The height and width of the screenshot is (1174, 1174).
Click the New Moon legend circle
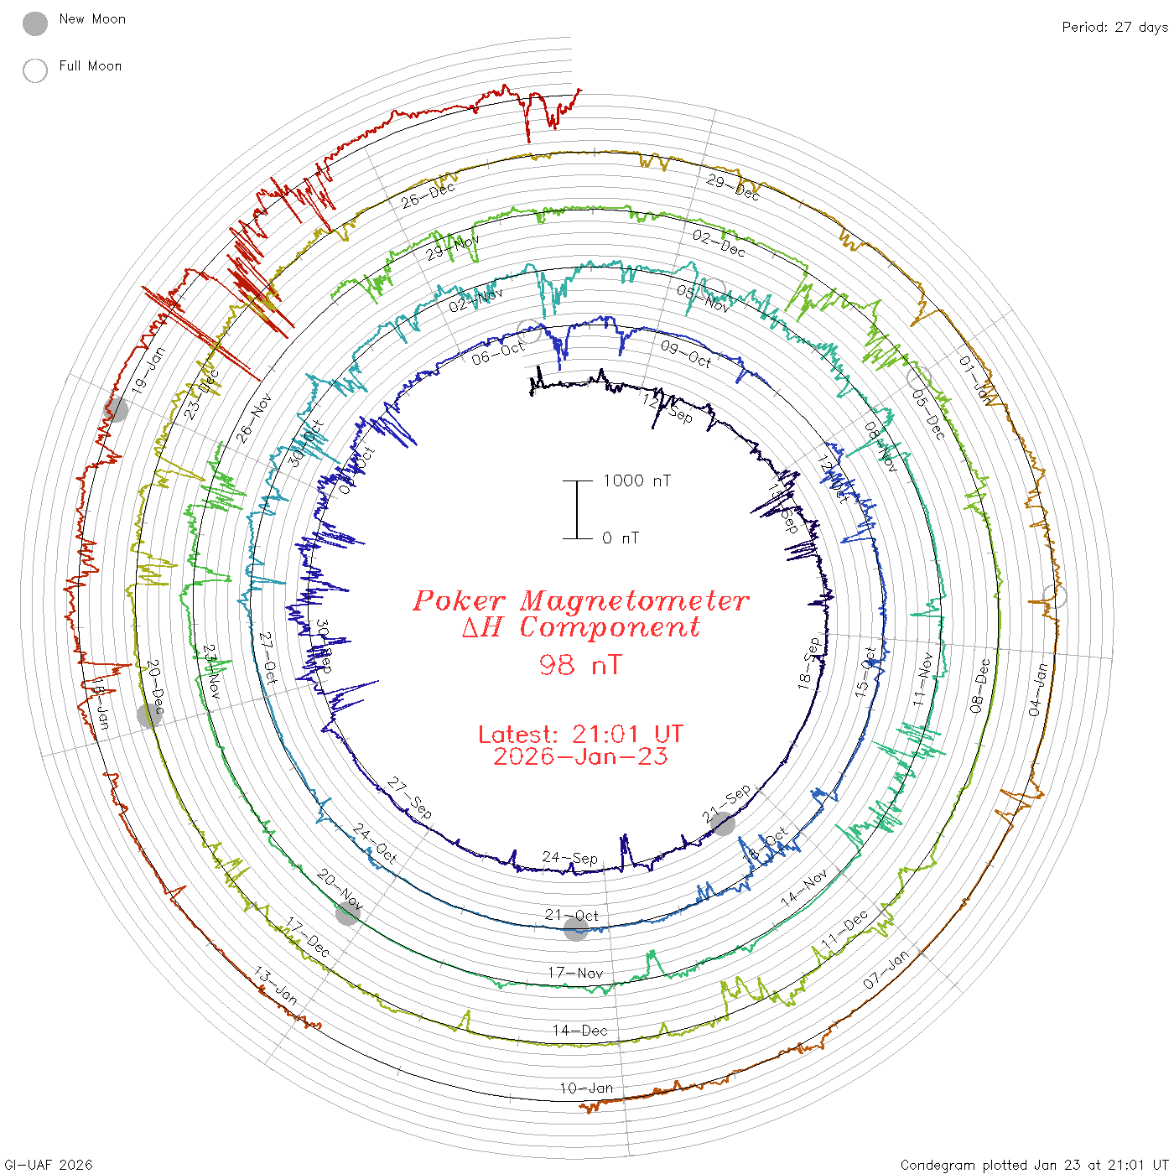coord(35,23)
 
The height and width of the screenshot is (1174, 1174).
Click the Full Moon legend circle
coord(35,70)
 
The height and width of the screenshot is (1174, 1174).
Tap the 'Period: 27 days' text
coord(1114,27)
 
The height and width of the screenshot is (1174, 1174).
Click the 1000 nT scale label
coord(636,481)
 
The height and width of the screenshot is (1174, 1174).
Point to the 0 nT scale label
coord(621,538)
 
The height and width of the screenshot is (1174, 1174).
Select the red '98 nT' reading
coord(580,665)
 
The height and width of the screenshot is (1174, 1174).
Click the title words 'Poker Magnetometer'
coord(580,600)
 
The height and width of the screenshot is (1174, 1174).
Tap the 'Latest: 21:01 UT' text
coord(580,735)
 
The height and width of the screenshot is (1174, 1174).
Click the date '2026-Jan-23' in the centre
coord(580,756)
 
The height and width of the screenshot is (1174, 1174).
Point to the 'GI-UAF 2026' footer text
coord(48,1165)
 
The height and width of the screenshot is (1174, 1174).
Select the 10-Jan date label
coord(586,1088)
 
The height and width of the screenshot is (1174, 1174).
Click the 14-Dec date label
coord(580,1031)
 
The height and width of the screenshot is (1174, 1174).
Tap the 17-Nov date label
coord(575,973)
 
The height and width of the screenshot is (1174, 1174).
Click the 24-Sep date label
coord(570,858)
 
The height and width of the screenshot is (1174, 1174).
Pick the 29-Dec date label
coord(732,187)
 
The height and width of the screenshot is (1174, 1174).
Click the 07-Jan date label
coord(886,969)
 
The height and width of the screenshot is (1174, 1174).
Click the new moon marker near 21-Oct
coord(575,928)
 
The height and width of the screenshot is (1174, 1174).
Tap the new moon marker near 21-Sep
coord(723,823)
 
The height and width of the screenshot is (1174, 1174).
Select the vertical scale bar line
coord(577,509)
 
